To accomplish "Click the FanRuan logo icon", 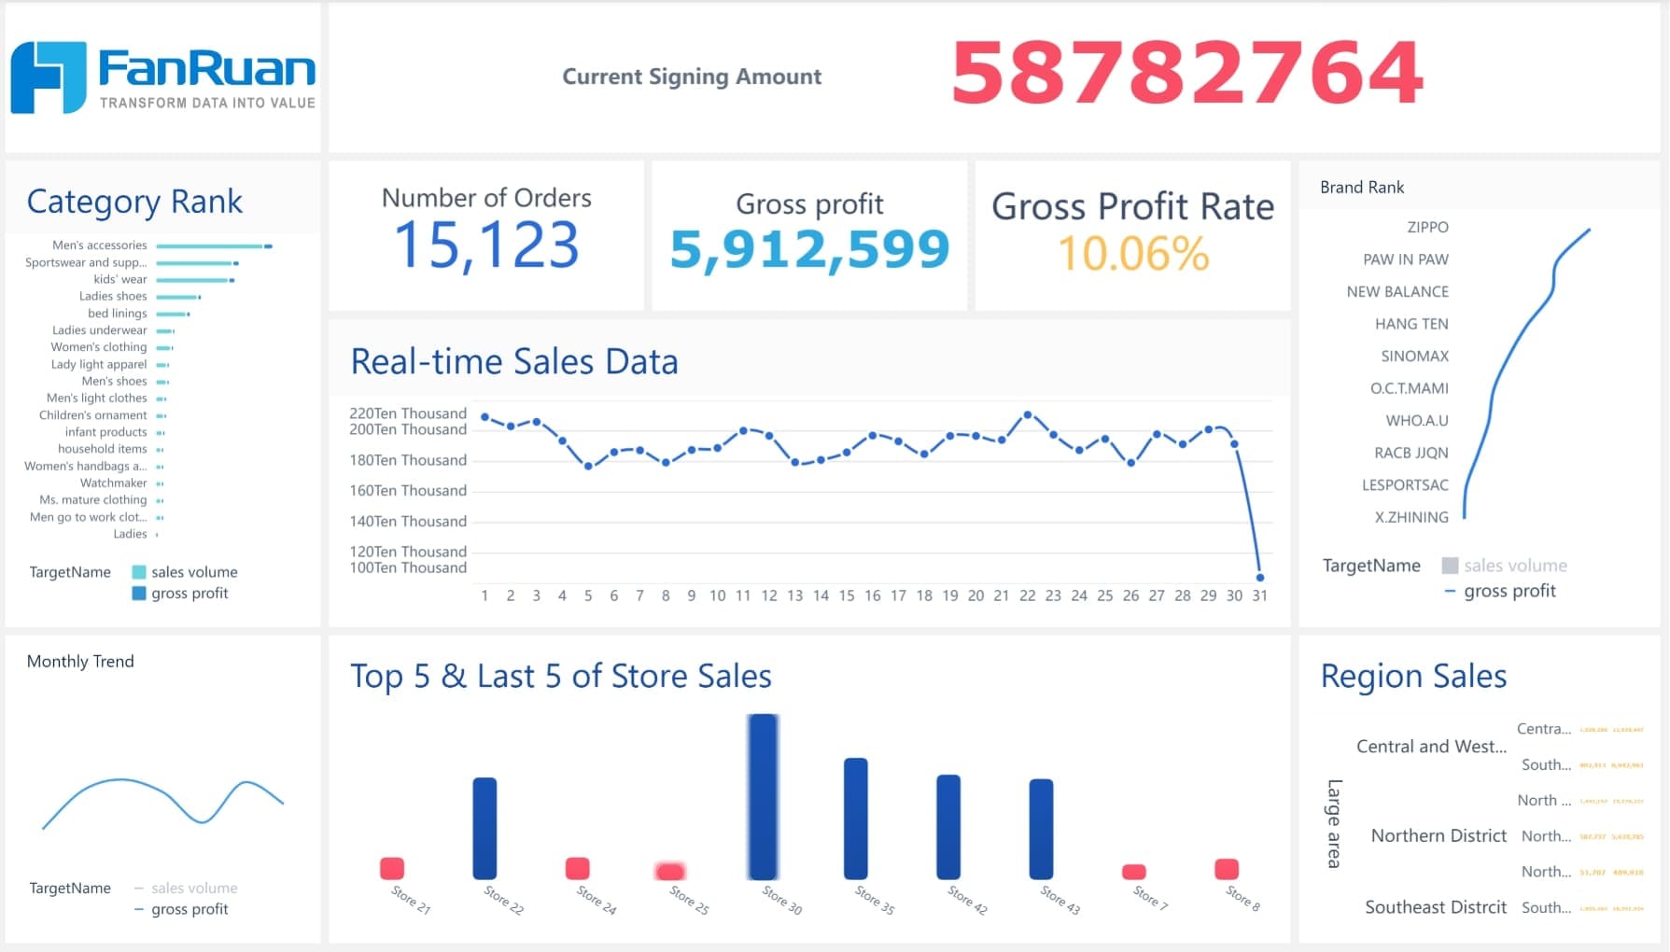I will coord(49,77).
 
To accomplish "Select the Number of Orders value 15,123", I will coord(486,245).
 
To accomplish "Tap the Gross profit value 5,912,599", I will coord(809,249).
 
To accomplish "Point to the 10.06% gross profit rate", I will coord(1133,254).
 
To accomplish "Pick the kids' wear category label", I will coord(120,279).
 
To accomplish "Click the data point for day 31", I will coord(1259,577).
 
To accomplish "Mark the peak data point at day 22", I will coord(1027,414).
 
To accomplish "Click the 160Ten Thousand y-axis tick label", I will coord(408,491).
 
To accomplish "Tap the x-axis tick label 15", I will coord(846,595).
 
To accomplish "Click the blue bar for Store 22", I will coord(484,828).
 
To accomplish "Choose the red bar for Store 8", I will coord(1226,869).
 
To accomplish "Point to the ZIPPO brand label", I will coord(1427,228).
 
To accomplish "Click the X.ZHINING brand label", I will coord(1411,518).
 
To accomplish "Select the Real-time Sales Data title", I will coord(514,362).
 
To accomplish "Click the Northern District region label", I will coord(1438,836).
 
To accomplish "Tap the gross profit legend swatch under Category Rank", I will coord(139,594).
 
